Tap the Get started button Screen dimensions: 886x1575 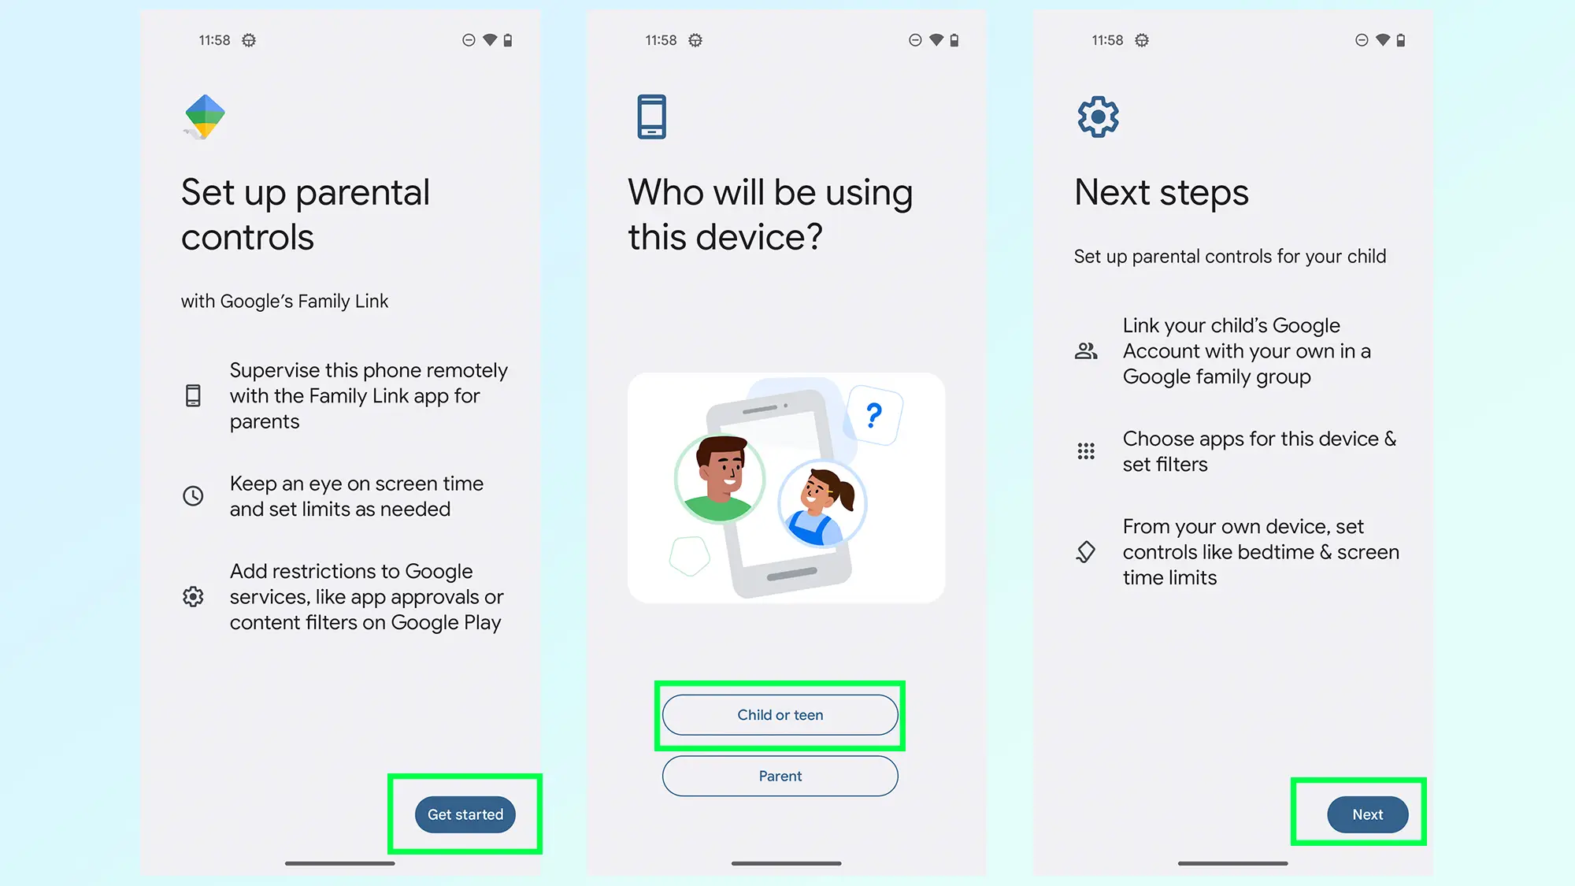pos(465,814)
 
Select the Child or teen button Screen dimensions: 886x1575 pos(780,715)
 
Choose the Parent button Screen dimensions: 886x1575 pos(780,777)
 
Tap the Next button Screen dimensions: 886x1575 pos(1367,814)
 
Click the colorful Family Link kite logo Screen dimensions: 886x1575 pos(205,117)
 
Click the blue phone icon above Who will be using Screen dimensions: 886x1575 pos(651,117)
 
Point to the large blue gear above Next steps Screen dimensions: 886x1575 pos(1098,117)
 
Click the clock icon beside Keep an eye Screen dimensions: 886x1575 pos(193,495)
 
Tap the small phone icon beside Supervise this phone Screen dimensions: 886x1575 pos(193,395)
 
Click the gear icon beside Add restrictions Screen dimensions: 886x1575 pos(193,596)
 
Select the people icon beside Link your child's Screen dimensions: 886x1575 pos(1086,351)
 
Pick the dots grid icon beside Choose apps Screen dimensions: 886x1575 pos(1086,451)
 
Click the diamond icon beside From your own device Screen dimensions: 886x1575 pos(1086,551)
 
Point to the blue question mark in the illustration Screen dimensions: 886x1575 pos(873,415)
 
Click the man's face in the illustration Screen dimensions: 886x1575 pos(721,470)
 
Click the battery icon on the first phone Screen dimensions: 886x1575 pos(508,40)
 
